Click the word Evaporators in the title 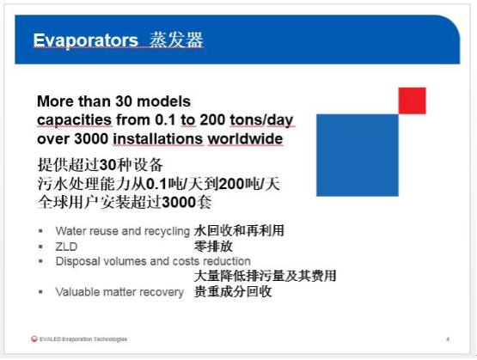pyautogui.click(x=85, y=40)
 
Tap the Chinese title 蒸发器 pyautogui.click(x=176, y=40)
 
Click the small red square pyautogui.click(x=413, y=101)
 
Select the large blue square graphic pyautogui.click(x=358, y=155)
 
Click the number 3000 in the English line pyautogui.click(x=91, y=139)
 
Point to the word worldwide pyautogui.click(x=245, y=139)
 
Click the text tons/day pyautogui.click(x=261, y=120)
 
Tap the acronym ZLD pyautogui.click(x=66, y=247)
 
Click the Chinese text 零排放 pyautogui.click(x=213, y=247)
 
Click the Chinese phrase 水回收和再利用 pyautogui.click(x=239, y=230)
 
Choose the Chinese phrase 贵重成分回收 pyautogui.click(x=233, y=291)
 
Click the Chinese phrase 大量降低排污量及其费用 pyautogui.click(x=265, y=276)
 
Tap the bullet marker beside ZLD pyautogui.click(x=40, y=247)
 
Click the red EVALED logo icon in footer pyautogui.click(x=34, y=339)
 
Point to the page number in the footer pyautogui.click(x=448, y=339)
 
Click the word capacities pyautogui.click(x=74, y=120)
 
